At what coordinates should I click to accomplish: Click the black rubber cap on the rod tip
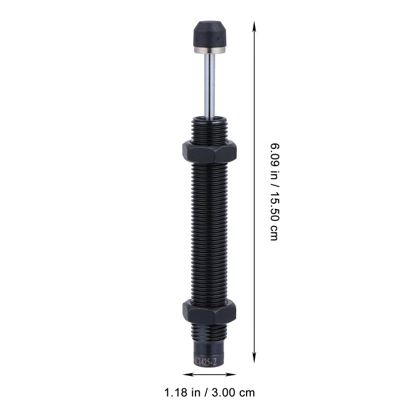pos(210,34)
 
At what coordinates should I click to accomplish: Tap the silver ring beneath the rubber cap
pos(210,50)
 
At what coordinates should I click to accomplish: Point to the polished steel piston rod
pos(210,85)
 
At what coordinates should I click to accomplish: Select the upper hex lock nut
pos(210,152)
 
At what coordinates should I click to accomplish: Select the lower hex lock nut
pos(210,312)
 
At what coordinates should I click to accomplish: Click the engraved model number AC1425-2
pos(205,362)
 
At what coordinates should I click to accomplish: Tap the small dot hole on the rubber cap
pos(219,38)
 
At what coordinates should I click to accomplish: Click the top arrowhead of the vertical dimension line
pos(254,26)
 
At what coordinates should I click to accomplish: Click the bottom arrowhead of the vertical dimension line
pos(254,358)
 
